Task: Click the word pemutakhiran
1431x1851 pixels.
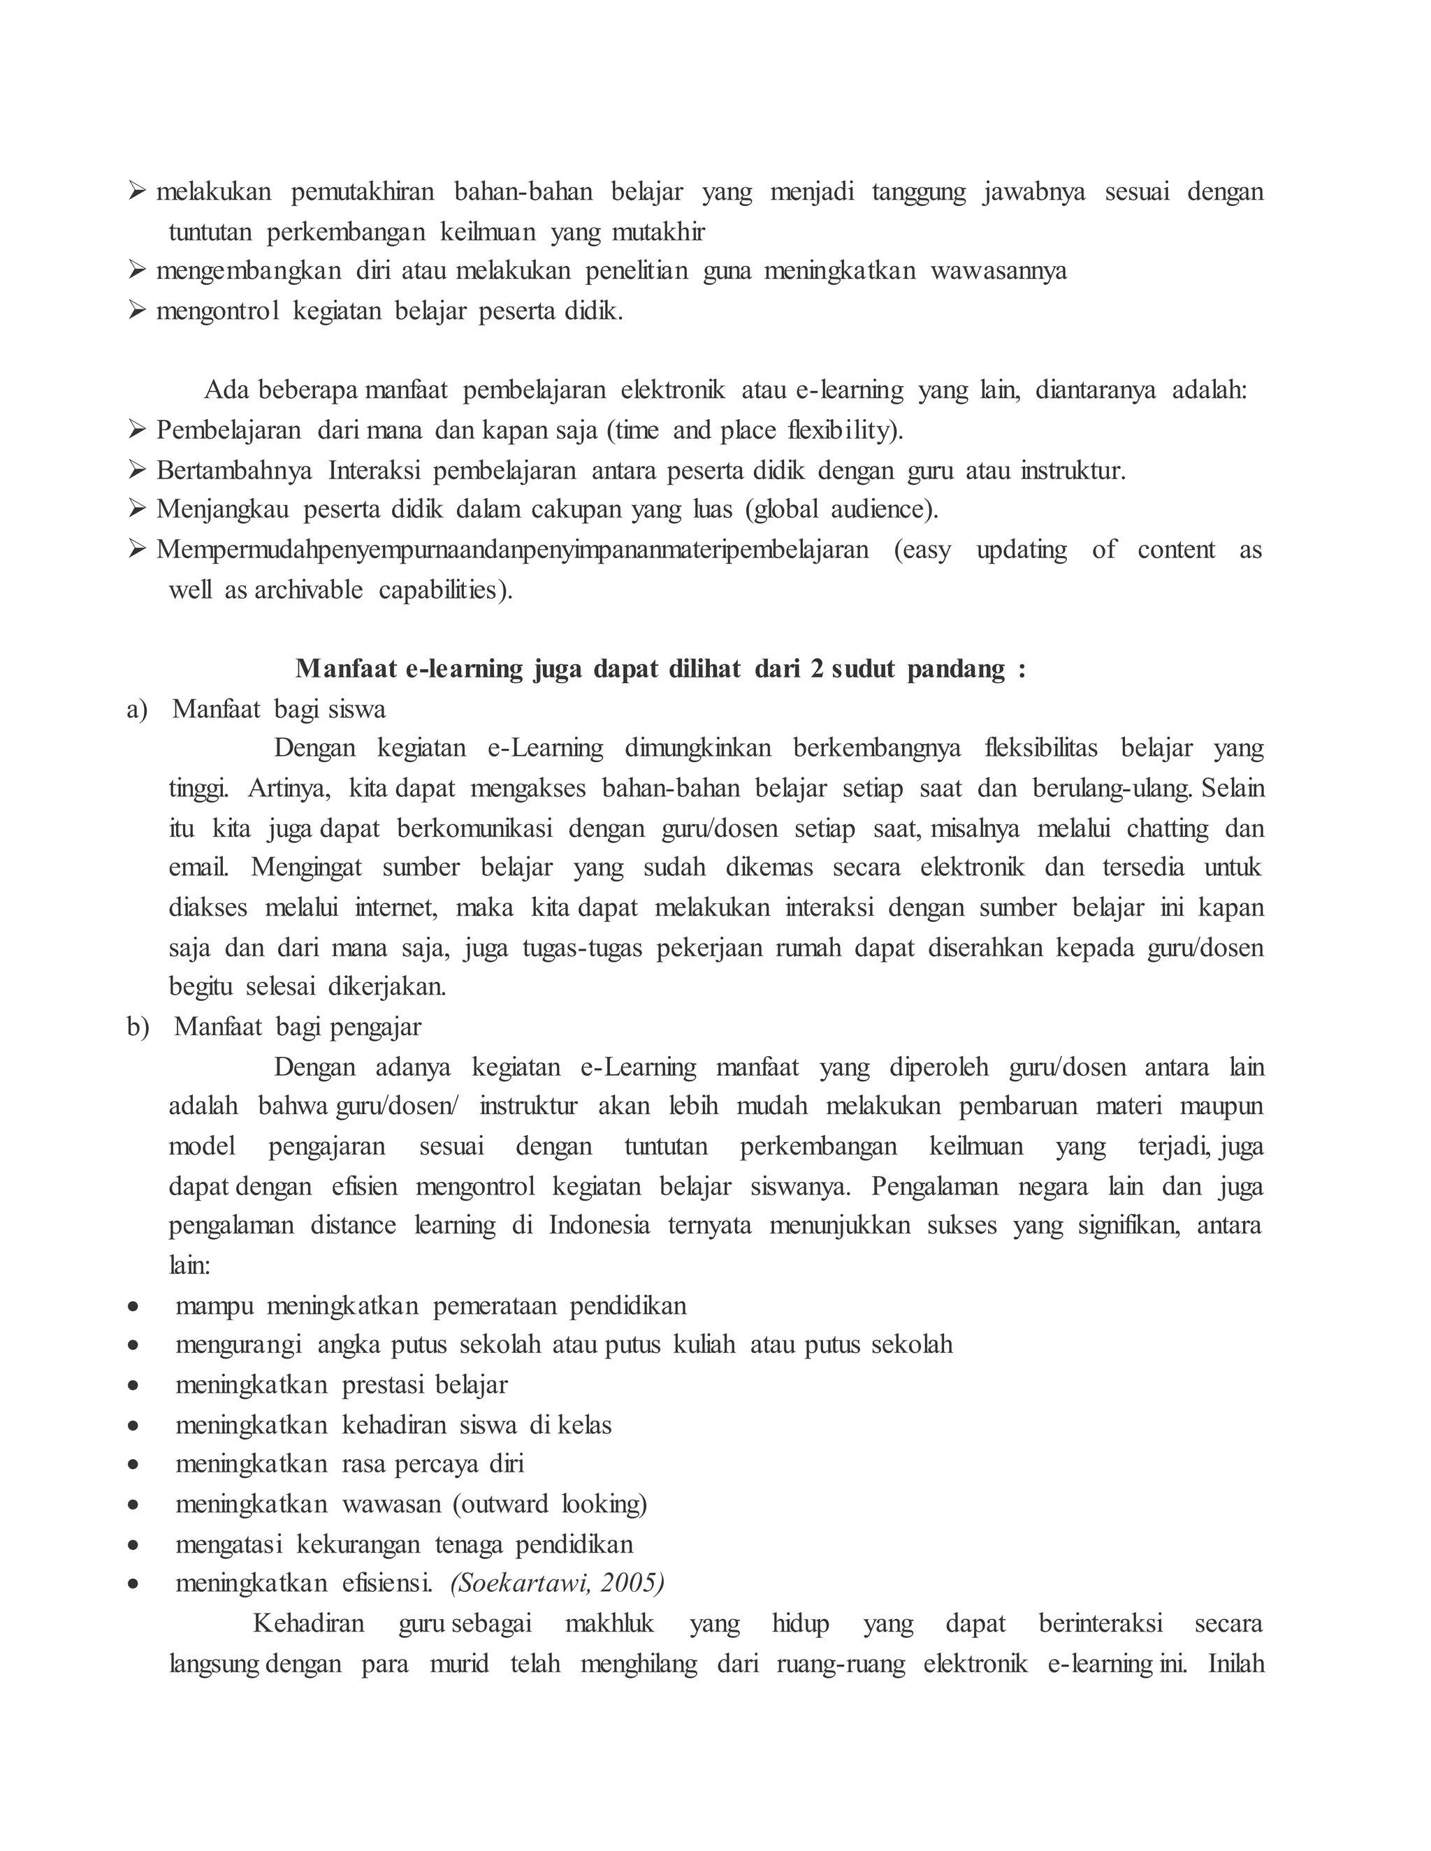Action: (363, 191)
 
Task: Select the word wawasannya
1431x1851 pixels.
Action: (998, 271)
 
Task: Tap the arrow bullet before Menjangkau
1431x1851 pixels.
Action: (138, 509)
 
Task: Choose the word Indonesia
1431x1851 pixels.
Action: (600, 1226)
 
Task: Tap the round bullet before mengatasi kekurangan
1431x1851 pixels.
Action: (133, 1545)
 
